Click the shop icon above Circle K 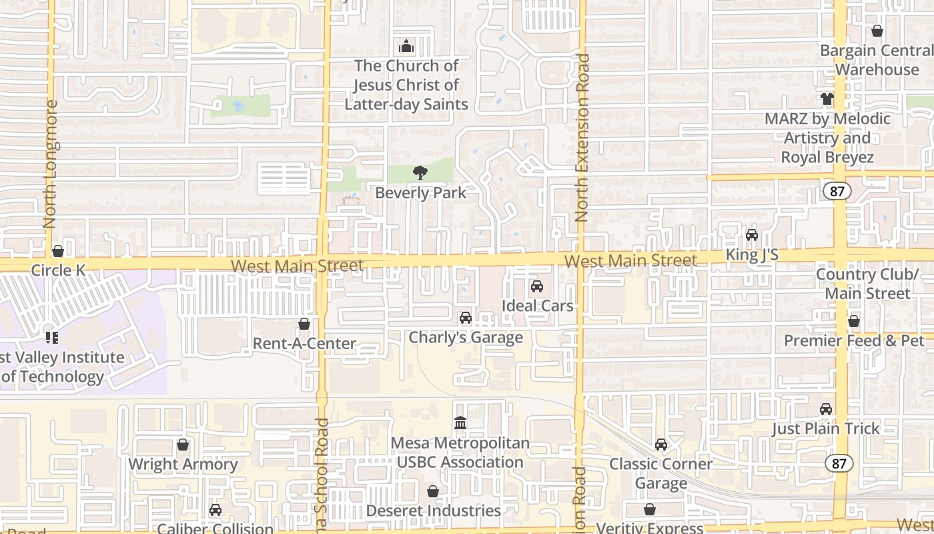click(x=58, y=252)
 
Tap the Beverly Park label click(x=420, y=193)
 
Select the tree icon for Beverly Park click(x=420, y=174)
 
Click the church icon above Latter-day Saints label click(x=406, y=47)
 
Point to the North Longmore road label click(x=50, y=164)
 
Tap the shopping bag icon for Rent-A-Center click(x=304, y=324)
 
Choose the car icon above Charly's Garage click(x=466, y=318)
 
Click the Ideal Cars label click(x=538, y=306)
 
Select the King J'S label click(x=752, y=255)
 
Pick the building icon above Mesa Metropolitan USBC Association click(x=460, y=423)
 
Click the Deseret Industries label click(x=434, y=511)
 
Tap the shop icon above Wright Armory click(x=183, y=445)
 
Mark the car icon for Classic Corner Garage click(x=661, y=445)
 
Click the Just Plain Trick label click(x=826, y=429)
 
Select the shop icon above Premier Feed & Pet click(x=854, y=322)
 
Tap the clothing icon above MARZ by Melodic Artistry click(x=827, y=99)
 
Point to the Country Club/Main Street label click(x=867, y=284)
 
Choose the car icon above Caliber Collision click(x=215, y=511)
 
